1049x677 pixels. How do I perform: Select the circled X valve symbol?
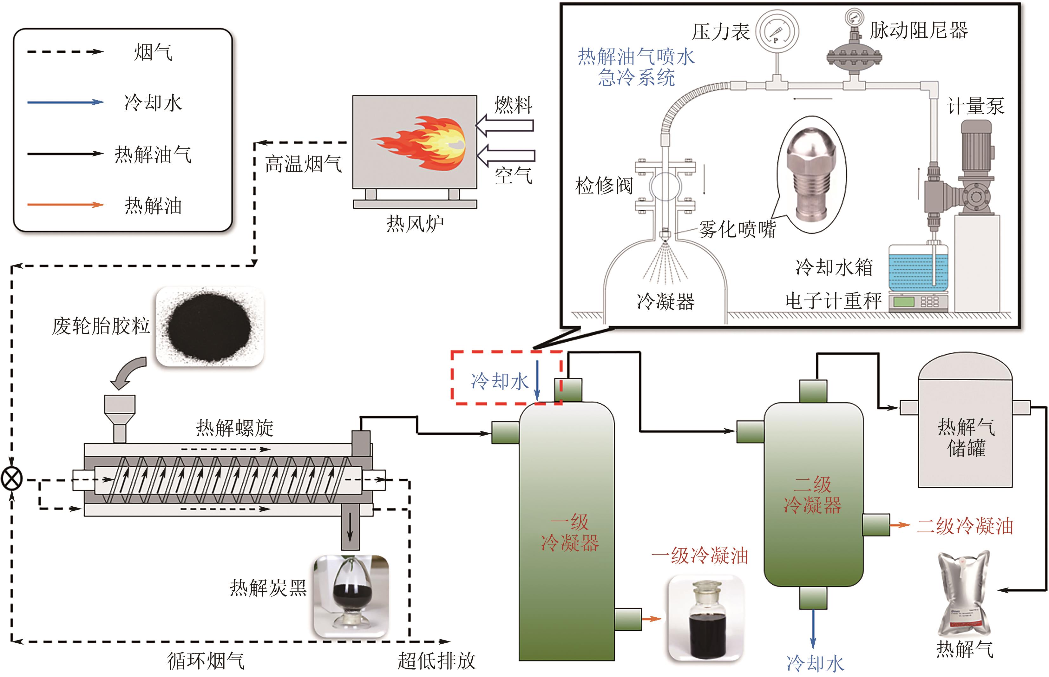pyautogui.click(x=12, y=479)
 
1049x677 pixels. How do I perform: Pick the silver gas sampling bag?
pyautogui.click(x=962, y=594)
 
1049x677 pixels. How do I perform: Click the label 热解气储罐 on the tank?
pyautogui.click(x=966, y=437)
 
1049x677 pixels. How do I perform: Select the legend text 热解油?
pyautogui.click(x=153, y=205)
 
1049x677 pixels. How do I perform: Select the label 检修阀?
pyautogui.click(x=604, y=186)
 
